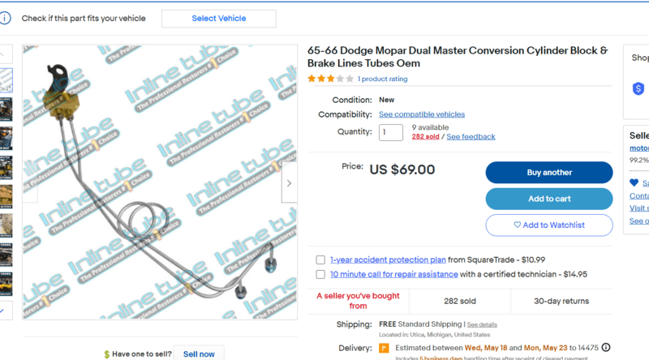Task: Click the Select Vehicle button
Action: coord(219,19)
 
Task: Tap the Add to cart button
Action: coord(549,199)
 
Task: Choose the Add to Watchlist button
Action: coord(549,225)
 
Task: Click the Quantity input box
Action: coord(390,132)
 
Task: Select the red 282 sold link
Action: coord(425,137)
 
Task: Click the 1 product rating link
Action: coord(382,79)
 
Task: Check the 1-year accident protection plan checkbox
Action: coord(321,260)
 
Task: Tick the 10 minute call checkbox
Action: coord(321,275)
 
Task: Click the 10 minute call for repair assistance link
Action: coord(393,275)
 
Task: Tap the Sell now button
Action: coord(199,354)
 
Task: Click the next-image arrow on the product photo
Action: coord(290,183)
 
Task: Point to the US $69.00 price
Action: coord(402,170)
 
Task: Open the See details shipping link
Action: coord(482,324)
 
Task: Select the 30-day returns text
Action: coord(561,301)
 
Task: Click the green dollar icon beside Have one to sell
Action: coord(107,354)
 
